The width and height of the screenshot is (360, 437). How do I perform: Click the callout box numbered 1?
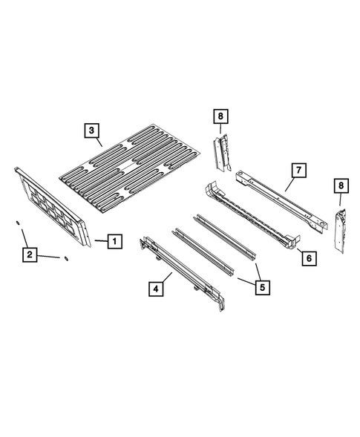[x=114, y=241]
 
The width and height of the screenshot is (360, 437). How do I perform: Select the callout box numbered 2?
[x=30, y=255]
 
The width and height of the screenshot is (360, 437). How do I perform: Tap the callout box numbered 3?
[x=91, y=131]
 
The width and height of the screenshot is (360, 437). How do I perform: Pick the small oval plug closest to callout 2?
[x=65, y=258]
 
